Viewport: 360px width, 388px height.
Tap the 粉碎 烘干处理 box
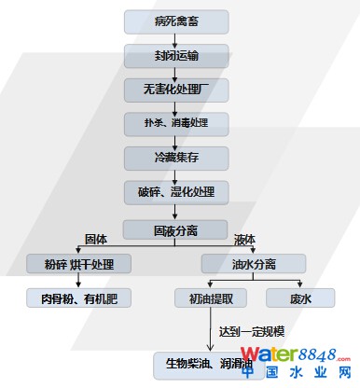coord(78,264)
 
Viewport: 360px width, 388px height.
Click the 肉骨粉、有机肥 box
coord(78,298)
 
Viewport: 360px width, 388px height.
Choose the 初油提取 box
coord(211,298)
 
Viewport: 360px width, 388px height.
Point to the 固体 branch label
coord(97,240)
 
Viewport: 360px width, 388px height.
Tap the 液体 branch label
coord(244,240)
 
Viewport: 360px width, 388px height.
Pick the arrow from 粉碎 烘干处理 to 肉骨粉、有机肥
coord(78,282)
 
